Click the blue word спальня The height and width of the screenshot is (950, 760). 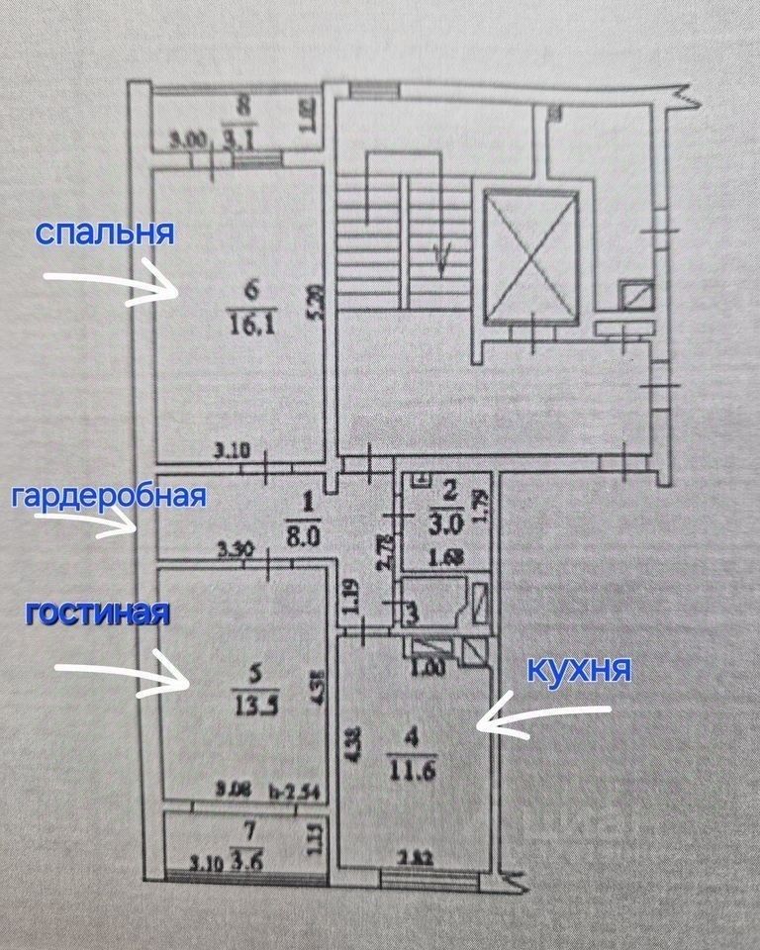105,234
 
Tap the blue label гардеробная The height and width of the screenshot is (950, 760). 108,495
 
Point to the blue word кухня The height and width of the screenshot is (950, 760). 579,670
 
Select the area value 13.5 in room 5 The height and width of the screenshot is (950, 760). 254,709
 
